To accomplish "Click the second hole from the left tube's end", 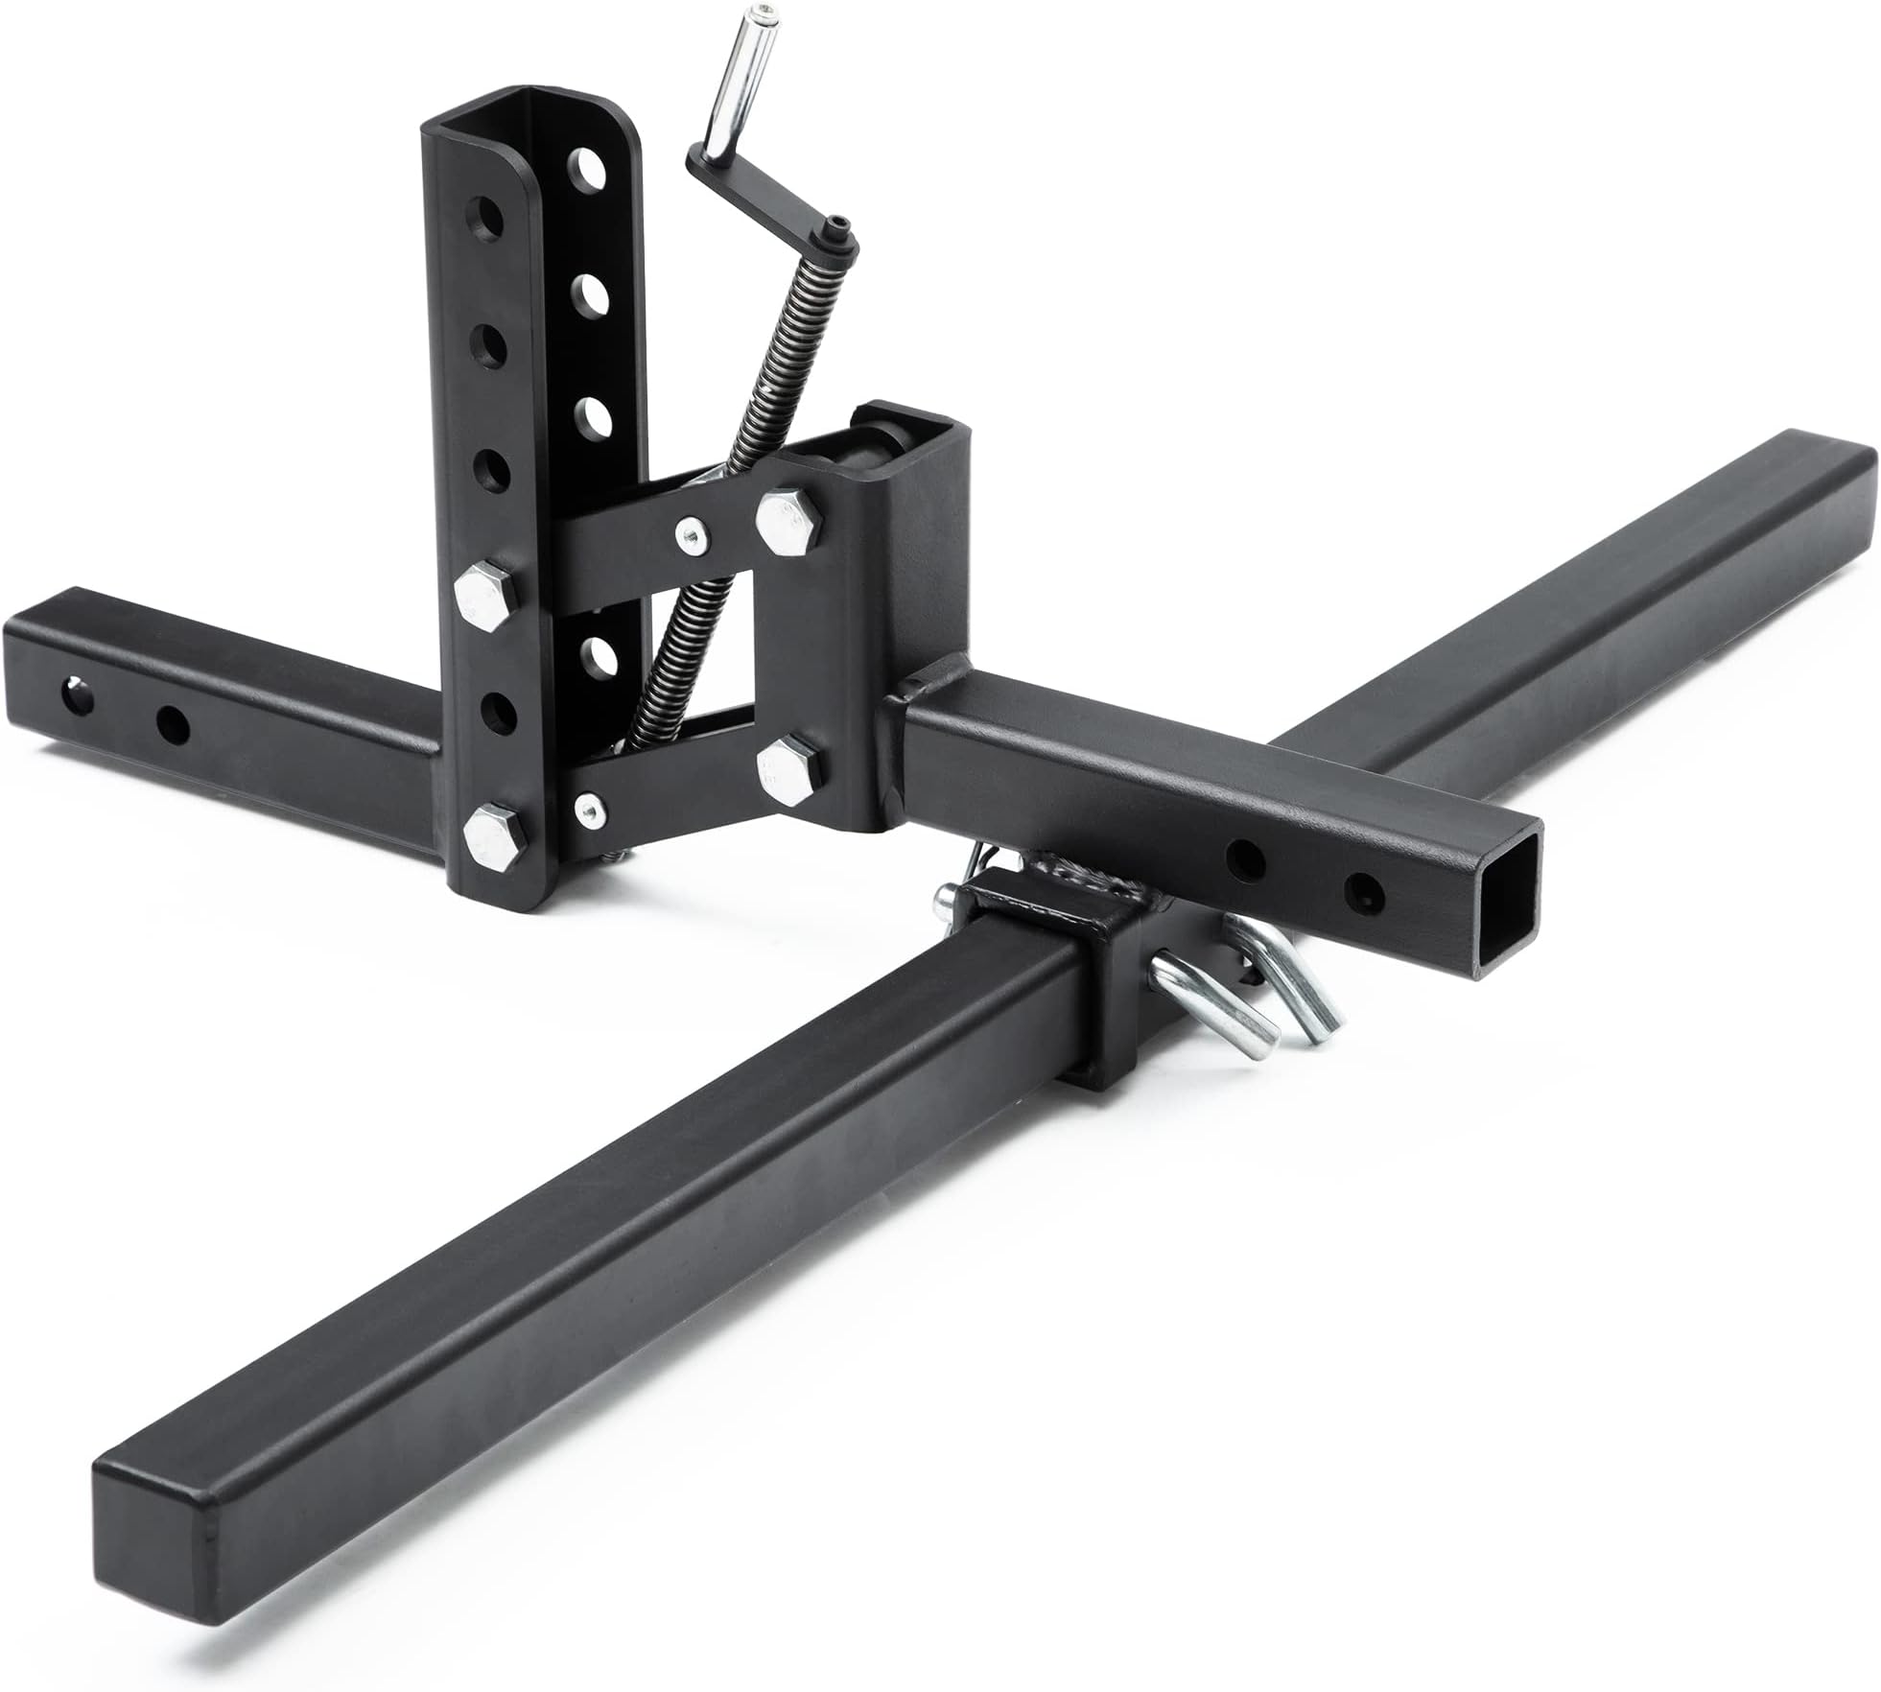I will click(x=173, y=725).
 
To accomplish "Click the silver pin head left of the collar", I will click(x=949, y=899).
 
